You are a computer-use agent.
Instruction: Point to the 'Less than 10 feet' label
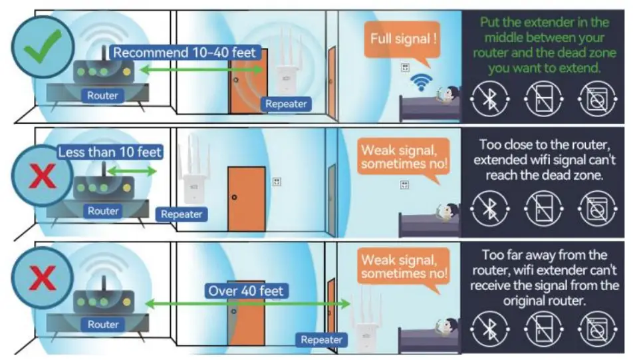click(110, 152)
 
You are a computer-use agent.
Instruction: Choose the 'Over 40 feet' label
click(246, 290)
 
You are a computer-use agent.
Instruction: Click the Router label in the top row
click(102, 96)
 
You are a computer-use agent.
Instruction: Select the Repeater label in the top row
click(286, 104)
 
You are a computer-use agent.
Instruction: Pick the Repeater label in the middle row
click(182, 214)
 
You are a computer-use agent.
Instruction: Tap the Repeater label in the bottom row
click(321, 339)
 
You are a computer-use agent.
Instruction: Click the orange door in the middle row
click(246, 199)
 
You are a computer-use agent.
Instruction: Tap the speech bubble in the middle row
click(404, 156)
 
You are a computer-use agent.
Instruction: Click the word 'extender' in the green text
click(552, 23)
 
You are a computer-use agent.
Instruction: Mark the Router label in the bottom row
click(102, 325)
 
